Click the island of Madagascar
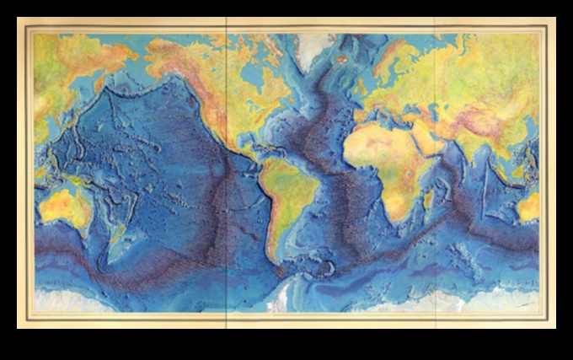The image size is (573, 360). point(429,201)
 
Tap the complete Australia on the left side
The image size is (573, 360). point(62,207)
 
